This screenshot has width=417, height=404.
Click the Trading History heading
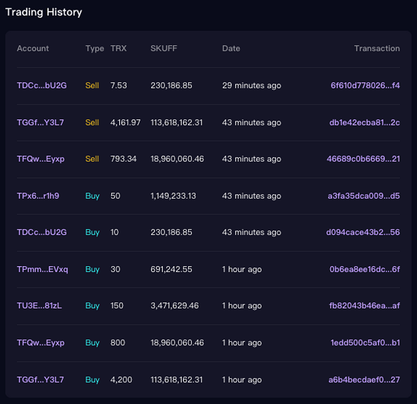click(44, 12)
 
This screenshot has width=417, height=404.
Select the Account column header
click(33, 48)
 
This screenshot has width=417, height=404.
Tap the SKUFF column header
click(164, 48)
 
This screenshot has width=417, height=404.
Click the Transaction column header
click(377, 48)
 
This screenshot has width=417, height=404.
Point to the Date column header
click(231, 48)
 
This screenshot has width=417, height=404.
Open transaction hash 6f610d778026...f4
click(365, 85)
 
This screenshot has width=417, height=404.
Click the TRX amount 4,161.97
click(126, 123)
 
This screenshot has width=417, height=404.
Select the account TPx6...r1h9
click(38, 196)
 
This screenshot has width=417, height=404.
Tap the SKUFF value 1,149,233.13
click(173, 196)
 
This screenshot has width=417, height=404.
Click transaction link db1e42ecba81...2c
click(364, 123)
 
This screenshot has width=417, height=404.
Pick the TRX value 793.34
click(123, 159)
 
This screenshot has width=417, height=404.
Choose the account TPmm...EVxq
click(43, 269)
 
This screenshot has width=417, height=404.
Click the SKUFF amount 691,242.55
click(171, 269)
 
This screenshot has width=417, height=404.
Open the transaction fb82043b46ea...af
click(364, 306)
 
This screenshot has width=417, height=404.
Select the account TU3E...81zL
click(39, 306)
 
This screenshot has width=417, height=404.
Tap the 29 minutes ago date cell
click(252, 85)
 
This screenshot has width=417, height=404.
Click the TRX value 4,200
click(121, 379)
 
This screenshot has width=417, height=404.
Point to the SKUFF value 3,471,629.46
click(174, 306)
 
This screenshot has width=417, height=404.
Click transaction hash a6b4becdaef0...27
click(364, 379)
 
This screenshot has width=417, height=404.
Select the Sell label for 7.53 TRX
click(92, 85)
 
